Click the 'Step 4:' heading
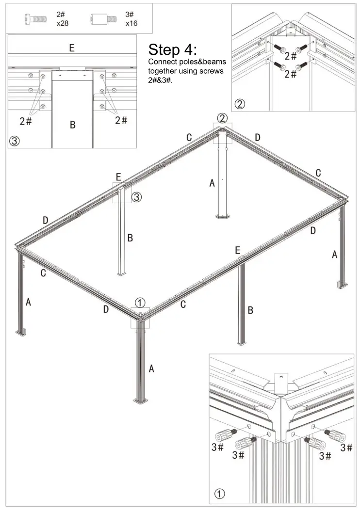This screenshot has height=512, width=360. (172, 50)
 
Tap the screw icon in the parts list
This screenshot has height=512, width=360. (35, 19)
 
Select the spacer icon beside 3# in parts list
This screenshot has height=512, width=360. (103, 19)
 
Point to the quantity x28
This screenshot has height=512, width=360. (62, 23)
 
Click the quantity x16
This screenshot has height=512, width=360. (131, 23)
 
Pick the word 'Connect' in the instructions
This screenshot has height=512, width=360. (162, 62)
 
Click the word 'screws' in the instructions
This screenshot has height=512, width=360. (212, 71)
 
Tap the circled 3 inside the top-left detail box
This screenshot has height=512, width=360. (15, 141)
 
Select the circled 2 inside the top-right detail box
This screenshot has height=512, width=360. (240, 104)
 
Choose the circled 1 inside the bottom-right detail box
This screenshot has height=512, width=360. (220, 494)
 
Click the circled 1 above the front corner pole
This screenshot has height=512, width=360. (140, 303)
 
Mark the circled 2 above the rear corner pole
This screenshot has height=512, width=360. (222, 118)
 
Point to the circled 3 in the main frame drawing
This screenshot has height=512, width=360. (137, 197)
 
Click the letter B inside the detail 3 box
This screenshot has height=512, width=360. (72, 125)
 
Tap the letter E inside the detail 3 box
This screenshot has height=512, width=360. (71, 48)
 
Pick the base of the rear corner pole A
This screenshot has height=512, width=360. (222, 215)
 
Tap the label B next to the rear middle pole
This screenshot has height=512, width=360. (130, 238)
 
